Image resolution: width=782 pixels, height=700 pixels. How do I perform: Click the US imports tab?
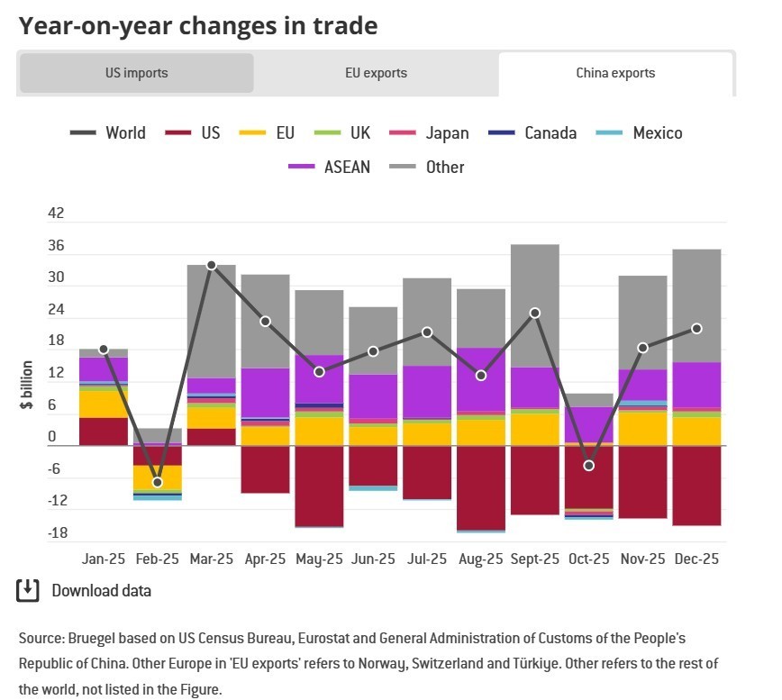[136, 73]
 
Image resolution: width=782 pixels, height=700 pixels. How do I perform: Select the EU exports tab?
[376, 73]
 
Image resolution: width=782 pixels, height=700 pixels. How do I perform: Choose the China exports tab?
[615, 73]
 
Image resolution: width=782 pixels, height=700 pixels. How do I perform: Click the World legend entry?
[108, 133]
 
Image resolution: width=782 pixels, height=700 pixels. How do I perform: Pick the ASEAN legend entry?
[329, 167]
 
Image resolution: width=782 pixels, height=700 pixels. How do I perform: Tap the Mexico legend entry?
[640, 133]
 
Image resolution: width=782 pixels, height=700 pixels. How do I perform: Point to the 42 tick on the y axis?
[56, 214]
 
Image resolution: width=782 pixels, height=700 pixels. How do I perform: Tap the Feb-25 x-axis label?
[157, 559]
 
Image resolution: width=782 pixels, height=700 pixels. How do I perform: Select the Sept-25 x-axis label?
[534, 559]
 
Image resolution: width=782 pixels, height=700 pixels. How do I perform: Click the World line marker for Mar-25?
[211, 265]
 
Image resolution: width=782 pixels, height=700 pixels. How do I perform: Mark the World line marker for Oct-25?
[588, 466]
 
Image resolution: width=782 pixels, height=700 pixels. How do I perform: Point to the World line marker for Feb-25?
[158, 483]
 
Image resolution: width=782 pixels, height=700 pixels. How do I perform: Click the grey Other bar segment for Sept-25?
[534, 305]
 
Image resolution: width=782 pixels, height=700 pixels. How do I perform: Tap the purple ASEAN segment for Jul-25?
[426, 392]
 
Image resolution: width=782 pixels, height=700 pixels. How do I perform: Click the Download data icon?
[28, 591]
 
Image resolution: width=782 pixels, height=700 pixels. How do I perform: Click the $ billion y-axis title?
[28, 386]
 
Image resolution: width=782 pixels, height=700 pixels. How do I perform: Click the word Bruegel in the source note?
[93, 638]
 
